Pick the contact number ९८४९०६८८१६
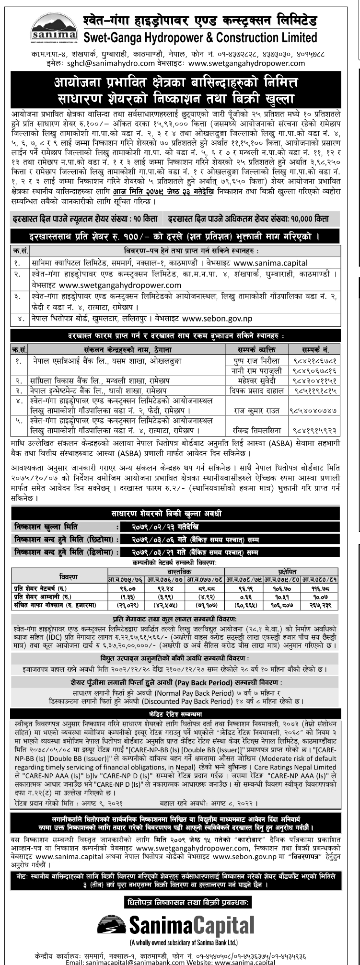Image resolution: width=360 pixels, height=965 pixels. click(x=314, y=370)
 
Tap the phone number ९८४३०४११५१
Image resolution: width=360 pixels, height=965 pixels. click(x=314, y=380)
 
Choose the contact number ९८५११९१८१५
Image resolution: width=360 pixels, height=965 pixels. click(x=314, y=391)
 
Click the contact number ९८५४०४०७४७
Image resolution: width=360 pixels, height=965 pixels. click(x=314, y=411)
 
